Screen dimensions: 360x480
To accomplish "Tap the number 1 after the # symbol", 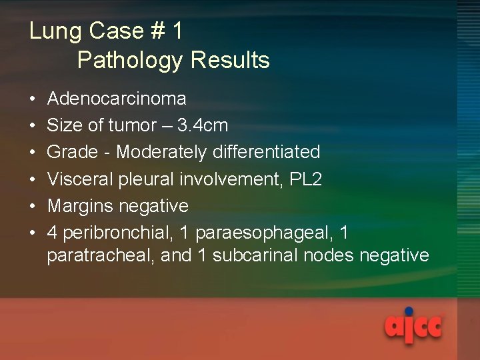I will [x=177, y=31].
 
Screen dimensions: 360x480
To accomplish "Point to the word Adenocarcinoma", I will [x=117, y=99].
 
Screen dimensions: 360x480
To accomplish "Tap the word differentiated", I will [x=267, y=152].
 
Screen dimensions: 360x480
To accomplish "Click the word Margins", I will [x=82, y=206].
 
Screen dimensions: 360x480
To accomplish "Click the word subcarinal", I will [x=259, y=255].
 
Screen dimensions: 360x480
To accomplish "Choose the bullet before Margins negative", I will [x=33, y=207].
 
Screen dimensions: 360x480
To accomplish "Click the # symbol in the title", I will [x=158, y=31].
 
